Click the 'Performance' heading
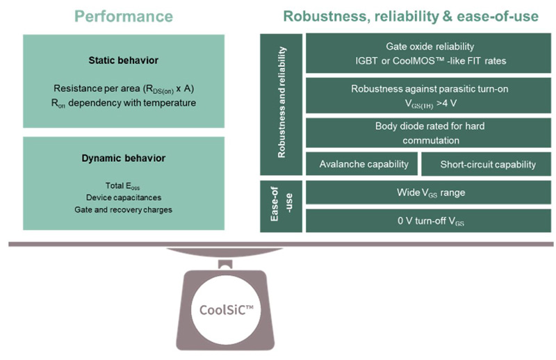pos(124,16)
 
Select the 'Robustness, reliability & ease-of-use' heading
pos(409,16)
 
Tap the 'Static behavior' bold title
pos(124,60)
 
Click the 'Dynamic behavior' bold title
pos(124,158)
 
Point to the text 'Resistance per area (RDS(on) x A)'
pos(124,89)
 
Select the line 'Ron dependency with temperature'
pos(124,103)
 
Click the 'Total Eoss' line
pos(124,187)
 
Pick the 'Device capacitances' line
pos(124,198)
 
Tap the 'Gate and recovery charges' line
pos(124,209)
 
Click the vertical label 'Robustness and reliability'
pos(281,103)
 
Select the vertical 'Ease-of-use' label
pos(281,206)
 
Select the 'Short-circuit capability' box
pos(488,165)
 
